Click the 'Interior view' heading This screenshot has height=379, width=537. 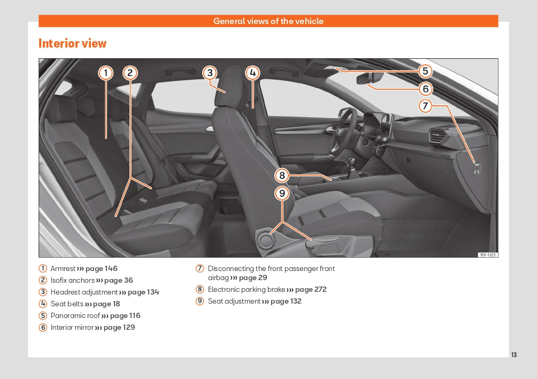(x=72, y=43)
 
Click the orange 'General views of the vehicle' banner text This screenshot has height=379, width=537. (x=268, y=21)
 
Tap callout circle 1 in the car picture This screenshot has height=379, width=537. (x=106, y=73)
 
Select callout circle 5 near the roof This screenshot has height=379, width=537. (x=425, y=71)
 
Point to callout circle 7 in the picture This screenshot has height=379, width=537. (x=425, y=106)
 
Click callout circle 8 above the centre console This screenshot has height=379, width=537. (x=282, y=175)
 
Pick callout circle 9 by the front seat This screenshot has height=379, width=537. (x=282, y=193)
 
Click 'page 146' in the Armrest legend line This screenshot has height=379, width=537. (x=101, y=268)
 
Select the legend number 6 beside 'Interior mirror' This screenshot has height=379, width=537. (x=43, y=327)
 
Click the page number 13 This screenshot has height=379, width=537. (x=514, y=355)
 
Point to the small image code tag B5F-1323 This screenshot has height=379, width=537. (x=488, y=255)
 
